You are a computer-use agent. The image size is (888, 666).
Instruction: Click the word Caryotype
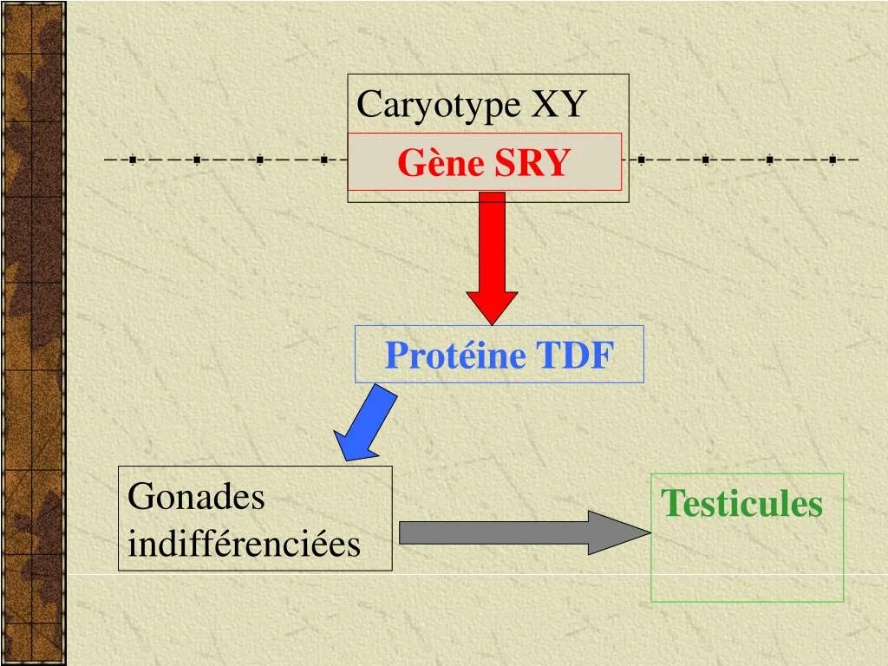click(439, 106)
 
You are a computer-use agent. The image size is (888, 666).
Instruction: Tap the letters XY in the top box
click(558, 105)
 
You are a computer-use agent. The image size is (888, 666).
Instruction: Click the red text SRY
click(532, 162)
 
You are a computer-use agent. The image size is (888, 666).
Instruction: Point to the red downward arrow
click(492, 251)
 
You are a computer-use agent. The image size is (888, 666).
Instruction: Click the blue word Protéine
click(455, 356)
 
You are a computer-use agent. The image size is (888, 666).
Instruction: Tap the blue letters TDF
click(574, 356)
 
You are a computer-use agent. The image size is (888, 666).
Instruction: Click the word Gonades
click(196, 498)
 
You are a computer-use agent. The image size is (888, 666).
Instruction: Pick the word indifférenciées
click(244, 544)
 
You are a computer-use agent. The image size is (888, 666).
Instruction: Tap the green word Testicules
click(741, 504)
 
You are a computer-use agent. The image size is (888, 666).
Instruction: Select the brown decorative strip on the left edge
click(33, 333)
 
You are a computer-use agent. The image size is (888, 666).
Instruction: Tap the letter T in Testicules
click(670, 504)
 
